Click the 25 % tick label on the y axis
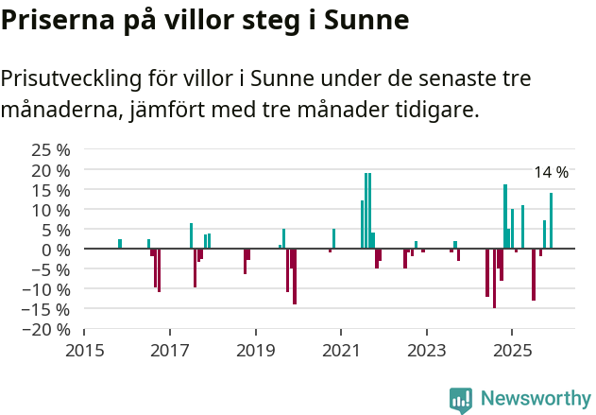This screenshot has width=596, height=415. tap(50, 149)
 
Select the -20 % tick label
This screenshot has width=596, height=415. tap(46, 330)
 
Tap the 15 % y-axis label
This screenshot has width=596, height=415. tap(50, 190)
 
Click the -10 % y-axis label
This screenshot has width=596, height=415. tap(46, 289)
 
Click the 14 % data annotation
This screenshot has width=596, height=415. tap(551, 172)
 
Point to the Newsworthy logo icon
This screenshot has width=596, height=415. tap(461, 400)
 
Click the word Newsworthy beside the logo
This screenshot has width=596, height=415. tap(536, 400)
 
